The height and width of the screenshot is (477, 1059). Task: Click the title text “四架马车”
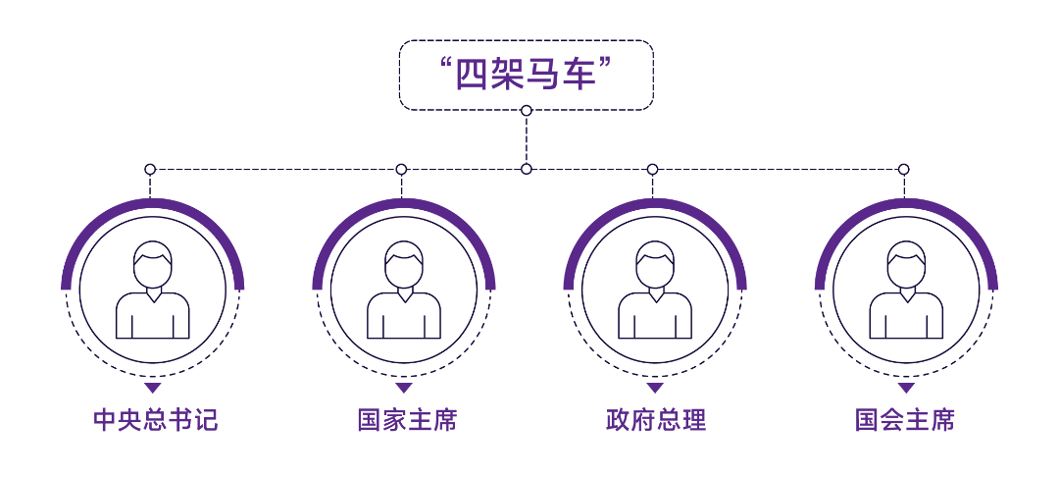point(526,75)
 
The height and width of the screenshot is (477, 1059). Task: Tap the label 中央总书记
point(156,420)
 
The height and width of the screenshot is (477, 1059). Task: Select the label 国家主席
point(407,420)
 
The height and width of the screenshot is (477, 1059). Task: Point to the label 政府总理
point(656,420)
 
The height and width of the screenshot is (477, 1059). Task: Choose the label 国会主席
point(905,420)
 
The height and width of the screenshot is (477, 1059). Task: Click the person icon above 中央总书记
point(153,290)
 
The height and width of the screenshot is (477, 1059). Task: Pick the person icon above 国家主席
point(404,290)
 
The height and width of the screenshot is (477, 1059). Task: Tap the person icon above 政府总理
point(655,290)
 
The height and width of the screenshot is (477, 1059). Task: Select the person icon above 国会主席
point(906,290)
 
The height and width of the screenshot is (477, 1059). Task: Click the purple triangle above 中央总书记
point(153,388)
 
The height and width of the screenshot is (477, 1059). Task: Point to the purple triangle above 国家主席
point(404,388)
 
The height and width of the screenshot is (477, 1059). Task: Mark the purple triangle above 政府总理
point(655,388)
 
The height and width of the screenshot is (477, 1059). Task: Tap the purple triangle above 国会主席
point(906,388)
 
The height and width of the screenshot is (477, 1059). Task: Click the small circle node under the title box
point(527,110)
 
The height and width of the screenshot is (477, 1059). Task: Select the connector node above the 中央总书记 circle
point(150,169)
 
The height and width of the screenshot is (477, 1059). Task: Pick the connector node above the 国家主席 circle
point(401,169)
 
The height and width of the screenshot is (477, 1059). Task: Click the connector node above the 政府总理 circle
point(652,169)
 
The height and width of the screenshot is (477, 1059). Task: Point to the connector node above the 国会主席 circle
point(904,169)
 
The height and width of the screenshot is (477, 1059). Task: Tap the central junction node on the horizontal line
point(527,169)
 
